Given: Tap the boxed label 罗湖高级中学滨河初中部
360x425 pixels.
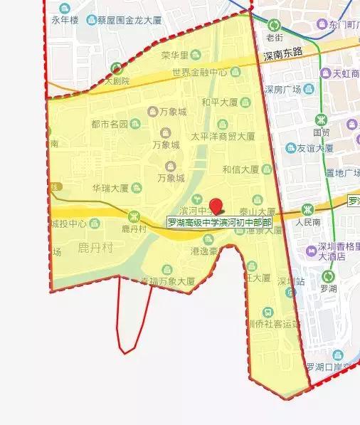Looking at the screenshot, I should click(219, 222).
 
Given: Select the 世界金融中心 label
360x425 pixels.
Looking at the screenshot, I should click(200, 72).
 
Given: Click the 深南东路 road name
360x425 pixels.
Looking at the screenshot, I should click(282, 53).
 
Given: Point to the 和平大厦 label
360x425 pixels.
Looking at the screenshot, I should click(218, 102).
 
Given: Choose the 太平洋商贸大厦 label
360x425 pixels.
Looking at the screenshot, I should click(223, 135).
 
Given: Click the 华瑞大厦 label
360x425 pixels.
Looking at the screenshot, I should click(110, 189).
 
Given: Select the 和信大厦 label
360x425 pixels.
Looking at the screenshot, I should click(239, 169).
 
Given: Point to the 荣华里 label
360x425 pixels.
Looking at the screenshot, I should click(174, 55).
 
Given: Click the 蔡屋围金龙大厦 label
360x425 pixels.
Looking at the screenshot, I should click(129, 20).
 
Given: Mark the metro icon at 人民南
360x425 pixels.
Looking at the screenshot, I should click(307, 209).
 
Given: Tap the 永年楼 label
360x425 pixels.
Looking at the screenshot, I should click(64, 19).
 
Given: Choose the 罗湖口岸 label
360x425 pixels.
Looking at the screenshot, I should click(329, 367).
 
